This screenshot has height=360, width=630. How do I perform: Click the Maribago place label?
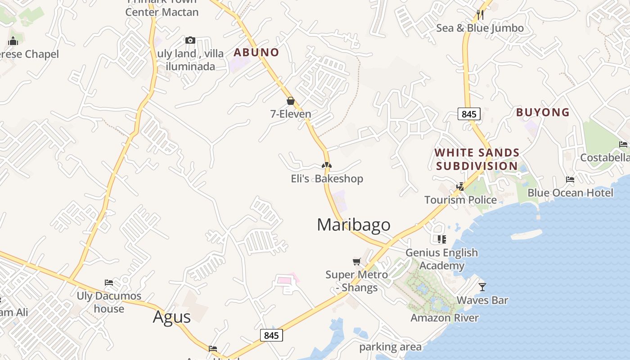354,225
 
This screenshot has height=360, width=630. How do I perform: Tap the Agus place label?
172,317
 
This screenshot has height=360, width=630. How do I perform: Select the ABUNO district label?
256,52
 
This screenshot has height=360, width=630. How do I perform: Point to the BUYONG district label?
543,112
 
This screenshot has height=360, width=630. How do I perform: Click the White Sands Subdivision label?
477,159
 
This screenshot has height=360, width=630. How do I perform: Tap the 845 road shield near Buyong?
469,114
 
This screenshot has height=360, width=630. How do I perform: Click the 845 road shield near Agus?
271,335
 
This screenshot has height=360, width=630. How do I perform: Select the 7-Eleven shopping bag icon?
291,101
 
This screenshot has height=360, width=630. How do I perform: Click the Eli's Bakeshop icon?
327,166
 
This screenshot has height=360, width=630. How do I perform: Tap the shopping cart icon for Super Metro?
357,261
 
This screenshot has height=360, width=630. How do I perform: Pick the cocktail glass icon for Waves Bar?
482,287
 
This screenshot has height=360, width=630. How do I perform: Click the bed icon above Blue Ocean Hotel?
570,180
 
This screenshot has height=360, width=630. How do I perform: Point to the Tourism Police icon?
460,186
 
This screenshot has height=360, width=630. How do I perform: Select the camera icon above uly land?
190,40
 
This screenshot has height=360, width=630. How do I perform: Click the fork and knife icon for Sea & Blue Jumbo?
480,15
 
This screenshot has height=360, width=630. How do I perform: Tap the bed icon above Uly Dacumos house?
109,283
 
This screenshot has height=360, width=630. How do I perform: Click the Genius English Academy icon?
441,239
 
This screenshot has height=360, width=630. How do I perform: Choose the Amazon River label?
445,318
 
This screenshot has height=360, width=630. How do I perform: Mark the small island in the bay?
526,234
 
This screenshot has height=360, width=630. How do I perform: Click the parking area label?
390,347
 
